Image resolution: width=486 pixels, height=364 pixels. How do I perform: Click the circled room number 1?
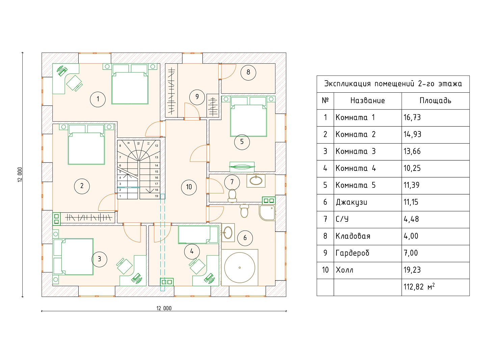point(98,99)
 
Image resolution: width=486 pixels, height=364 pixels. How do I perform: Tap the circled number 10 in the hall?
point(189,187)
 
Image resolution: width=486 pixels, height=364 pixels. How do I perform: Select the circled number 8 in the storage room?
point(248,72)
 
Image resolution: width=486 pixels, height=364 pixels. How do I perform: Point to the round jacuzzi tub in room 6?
point(240,268)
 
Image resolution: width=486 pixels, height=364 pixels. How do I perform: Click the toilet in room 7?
point(232,195)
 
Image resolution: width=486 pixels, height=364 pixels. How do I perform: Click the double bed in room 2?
point(86,145)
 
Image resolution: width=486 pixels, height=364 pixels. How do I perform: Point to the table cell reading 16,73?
point(412,118)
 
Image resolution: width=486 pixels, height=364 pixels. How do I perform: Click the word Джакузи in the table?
point(351,202)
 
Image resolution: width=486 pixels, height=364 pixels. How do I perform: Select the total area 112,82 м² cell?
point(419,287)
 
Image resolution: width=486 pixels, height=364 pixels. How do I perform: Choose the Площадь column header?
point(435,100)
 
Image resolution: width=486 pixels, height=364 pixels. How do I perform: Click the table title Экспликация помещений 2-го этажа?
point(393,84)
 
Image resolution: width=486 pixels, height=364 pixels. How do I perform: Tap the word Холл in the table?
point(345,270)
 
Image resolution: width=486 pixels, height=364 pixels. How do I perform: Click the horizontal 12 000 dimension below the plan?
point(164,308)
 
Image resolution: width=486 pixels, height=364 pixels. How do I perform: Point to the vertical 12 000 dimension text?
point(20,175)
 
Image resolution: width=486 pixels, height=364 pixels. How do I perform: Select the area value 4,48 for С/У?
point(411,219)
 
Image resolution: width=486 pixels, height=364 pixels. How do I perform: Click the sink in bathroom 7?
point(256,180)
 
